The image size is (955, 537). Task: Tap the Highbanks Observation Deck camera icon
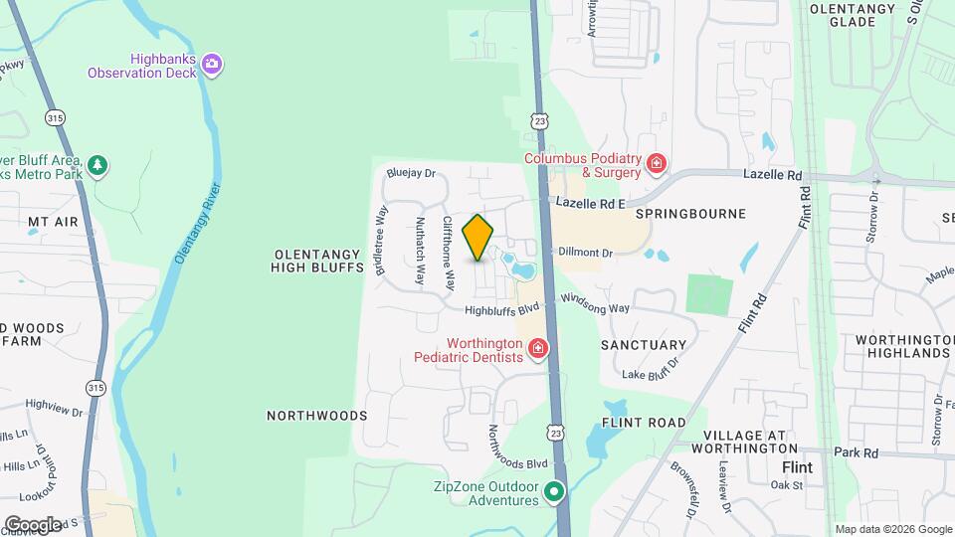coord(211,65)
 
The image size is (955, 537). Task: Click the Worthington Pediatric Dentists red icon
coord(538,348)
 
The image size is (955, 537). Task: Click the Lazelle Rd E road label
coord(590,203)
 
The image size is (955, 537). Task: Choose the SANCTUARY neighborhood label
coord(644,345)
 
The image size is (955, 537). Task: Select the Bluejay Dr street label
coord(412,173)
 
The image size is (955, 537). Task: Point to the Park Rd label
coord(857,452)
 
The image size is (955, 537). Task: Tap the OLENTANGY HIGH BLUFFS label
coord(315,262)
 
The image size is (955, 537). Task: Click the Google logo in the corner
coord(33,524)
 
